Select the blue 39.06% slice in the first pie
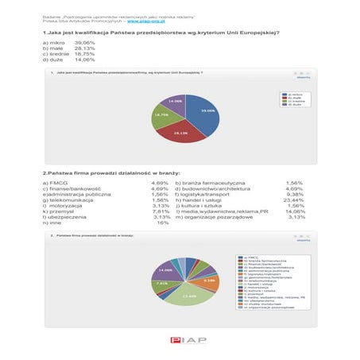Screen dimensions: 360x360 (x=202, y=115)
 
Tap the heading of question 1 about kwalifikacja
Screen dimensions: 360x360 (x=160, y=30)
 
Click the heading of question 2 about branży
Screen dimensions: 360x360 (x=111, y=172)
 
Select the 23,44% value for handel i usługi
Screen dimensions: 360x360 (x=292, y=199)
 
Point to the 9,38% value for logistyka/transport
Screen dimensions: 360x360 (x=294, y=193)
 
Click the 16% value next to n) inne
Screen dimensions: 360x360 (x=163, y=223)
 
